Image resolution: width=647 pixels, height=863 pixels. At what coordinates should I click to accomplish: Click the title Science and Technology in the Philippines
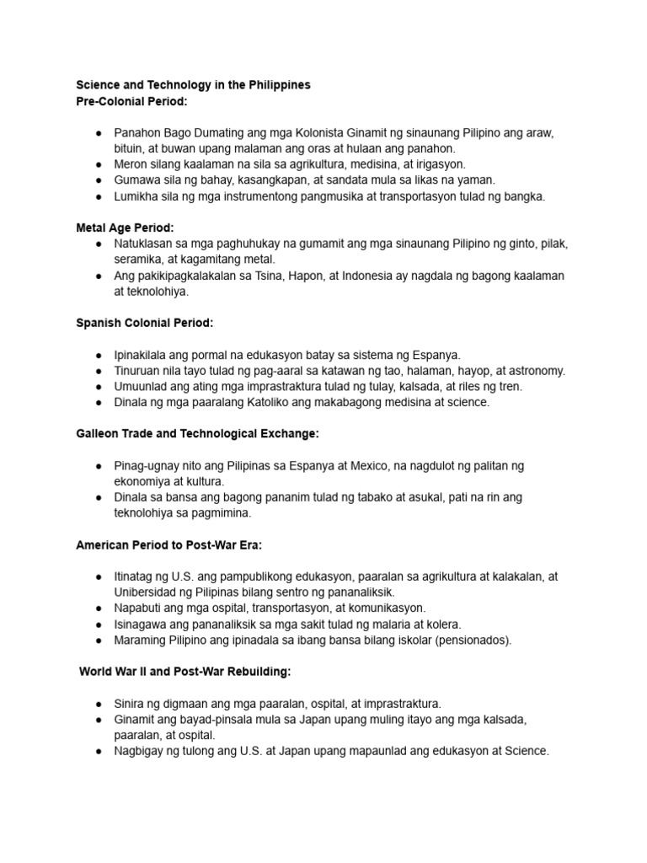pyautogui.click(x=193, y=85)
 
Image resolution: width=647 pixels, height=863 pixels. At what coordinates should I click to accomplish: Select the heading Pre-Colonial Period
pyautogui.click(x=132, y=101)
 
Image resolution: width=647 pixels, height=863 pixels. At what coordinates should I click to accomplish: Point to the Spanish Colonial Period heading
pyautogui.click(x=145, y=323)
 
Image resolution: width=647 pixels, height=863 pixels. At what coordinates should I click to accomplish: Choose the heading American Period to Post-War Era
pyautogui.click(x=169, y=544)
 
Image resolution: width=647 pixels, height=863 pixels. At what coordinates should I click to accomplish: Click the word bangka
pyautogui.click(x=527, y=196)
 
